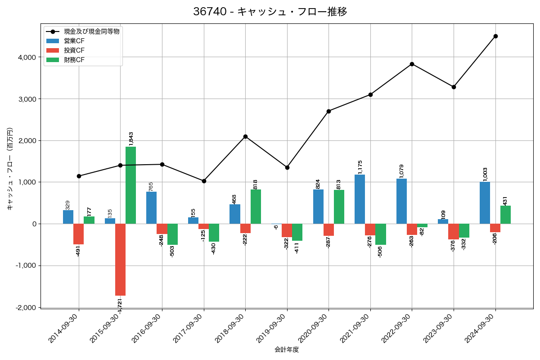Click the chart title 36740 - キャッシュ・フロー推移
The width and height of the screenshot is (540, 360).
coord(270,12)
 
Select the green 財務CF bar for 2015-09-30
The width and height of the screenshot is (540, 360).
coord(130,185)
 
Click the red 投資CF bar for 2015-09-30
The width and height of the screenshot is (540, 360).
coord(120,260)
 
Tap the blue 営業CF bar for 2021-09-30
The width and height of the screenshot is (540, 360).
coord(360,199)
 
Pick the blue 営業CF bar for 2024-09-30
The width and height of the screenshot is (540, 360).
coord(485,202)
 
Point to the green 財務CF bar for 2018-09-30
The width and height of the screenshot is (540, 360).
coord(256,207)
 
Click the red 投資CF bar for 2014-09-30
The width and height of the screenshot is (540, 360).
coord(78,234)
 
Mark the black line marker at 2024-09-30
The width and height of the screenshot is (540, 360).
coord(495,36)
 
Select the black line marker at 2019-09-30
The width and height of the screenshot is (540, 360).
coord(287,167)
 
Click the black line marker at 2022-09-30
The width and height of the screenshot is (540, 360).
coord(412,64)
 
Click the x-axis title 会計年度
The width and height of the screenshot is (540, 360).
coord(287,350)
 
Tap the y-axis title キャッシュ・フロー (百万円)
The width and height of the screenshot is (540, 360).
coord(9,169)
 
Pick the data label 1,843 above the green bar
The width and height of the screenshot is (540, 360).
coord(131,139)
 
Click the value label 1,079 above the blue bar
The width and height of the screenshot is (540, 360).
coord(401,171)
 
